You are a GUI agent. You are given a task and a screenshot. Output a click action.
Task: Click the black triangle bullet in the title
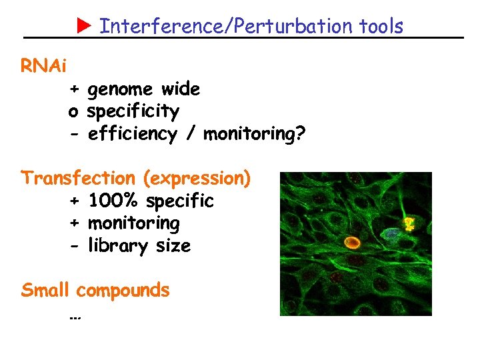pos(83,26)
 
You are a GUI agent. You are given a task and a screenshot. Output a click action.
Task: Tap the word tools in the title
pos(381,26)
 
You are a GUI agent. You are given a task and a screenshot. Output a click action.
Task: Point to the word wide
pos(181,89)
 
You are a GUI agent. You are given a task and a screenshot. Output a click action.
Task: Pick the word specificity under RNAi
pos(133,111)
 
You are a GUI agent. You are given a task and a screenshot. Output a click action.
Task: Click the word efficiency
pos(132,134)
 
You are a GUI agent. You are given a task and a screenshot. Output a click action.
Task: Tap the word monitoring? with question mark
pos(255,135)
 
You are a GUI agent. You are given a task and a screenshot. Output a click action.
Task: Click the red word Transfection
pos(77,178)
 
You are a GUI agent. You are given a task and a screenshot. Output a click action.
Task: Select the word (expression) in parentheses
pos(196,179)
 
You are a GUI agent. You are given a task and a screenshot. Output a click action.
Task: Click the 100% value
pos(114,201)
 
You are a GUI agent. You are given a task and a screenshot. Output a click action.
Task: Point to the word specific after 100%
pos(180,201)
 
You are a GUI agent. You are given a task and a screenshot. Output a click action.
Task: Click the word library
pos(117,246)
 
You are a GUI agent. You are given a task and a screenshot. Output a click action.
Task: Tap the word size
pos(173,246)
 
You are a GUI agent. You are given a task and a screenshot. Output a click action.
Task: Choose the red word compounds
pos(123,291)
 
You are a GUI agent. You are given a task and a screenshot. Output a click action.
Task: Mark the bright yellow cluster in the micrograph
pos(409,224)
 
